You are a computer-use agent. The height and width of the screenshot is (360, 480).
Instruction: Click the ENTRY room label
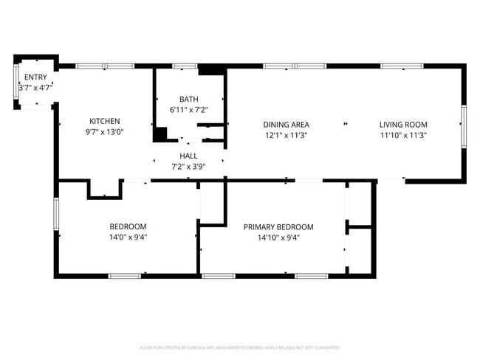coord(35,77)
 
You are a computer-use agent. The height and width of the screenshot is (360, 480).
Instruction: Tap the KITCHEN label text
coord(105,122)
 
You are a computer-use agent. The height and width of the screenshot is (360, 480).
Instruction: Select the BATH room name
coord(189,100)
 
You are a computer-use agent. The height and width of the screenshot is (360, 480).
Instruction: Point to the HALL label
coord(188,156)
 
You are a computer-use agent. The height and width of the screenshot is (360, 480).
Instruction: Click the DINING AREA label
coord(287,125)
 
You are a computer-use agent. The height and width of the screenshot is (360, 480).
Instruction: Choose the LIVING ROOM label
coord(403,125)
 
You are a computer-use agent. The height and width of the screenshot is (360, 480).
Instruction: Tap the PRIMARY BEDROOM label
coord(278,227)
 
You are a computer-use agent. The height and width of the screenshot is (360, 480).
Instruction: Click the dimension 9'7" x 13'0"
coord(105,133)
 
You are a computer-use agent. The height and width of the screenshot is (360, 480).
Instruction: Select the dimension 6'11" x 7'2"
coord(189,110)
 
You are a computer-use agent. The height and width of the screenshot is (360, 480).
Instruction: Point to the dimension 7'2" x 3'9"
coord(188,167)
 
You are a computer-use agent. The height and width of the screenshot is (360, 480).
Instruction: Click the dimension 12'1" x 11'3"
coord(287,135)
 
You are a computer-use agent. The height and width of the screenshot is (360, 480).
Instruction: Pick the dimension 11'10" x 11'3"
coord(403,135)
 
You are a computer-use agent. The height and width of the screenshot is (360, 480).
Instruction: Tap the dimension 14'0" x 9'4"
coord(128,238)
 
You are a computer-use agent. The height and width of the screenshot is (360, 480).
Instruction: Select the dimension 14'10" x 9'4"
coord(278,238)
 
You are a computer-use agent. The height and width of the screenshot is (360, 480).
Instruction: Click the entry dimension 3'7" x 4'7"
coord(35,88)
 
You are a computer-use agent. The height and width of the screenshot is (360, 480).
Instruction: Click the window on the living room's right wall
coord(464,125)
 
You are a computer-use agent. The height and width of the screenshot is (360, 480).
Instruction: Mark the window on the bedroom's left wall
coord(55,215)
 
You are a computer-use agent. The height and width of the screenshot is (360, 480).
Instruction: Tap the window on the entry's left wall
coord(17,81)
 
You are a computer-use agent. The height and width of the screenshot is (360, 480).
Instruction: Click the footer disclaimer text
coord(239,347)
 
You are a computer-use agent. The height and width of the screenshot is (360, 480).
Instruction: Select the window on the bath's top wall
coord(185,66)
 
